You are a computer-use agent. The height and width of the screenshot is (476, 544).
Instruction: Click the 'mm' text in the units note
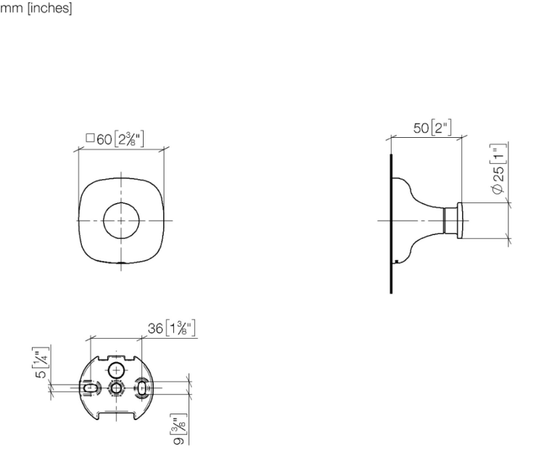click(x=12, y=8)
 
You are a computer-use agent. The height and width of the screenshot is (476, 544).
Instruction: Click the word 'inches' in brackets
click(x=49, y=7)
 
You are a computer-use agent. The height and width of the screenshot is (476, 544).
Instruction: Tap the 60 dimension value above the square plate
click(x=104, y=139)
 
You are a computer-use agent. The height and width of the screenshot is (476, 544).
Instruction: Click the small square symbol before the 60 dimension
click(x=90, y=138)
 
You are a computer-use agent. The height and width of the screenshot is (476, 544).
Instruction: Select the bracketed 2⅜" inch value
click(x=128, y=139)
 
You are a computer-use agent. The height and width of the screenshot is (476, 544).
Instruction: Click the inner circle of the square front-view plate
click(x=121, y=202)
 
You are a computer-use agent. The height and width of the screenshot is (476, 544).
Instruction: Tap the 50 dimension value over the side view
click(x=421, y=128)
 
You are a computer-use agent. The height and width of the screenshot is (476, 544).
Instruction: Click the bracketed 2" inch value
click(x=441, y=128)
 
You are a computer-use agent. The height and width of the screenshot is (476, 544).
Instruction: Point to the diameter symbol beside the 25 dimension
click(x=497, y=189)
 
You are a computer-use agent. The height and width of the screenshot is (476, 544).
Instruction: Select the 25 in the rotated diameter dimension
click(x=498, y=174)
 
